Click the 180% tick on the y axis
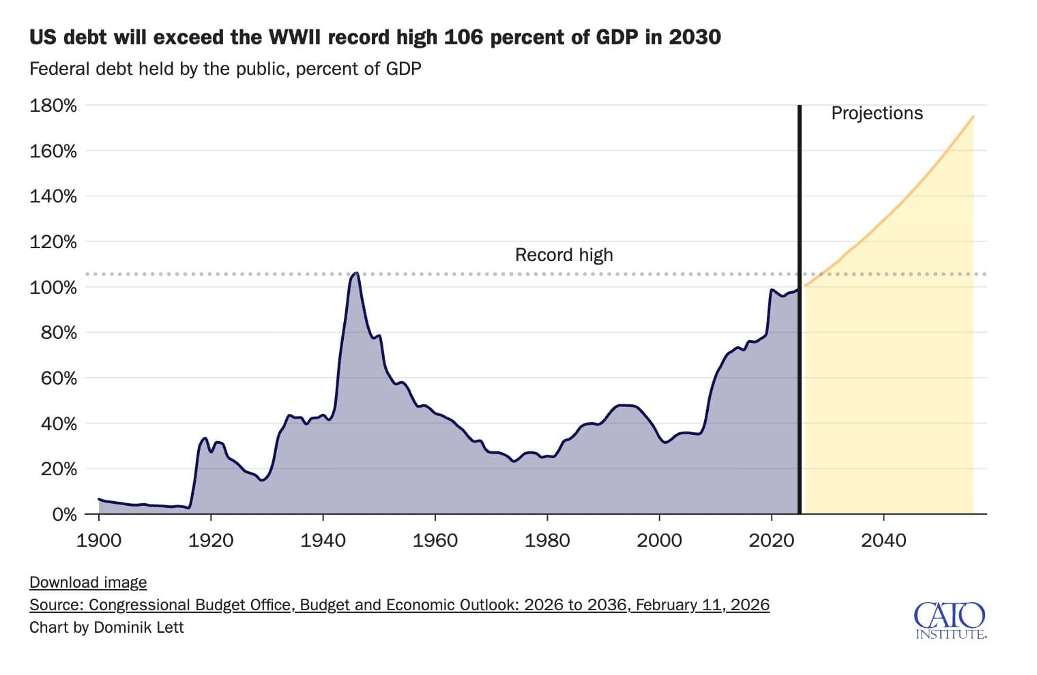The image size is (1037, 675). [53, 106]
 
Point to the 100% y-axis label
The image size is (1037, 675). [53, 287]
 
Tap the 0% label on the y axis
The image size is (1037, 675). [64, 515]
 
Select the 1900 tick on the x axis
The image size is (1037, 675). [99, 541]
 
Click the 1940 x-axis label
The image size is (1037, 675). [323, 541]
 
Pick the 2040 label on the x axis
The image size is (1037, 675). [883, 541]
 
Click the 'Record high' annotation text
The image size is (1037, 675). [564, 255]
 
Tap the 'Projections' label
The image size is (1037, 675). [877, 113]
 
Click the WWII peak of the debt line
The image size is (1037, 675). [355, 273]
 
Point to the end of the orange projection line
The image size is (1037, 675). [973, 117]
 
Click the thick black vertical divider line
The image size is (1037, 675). [799, 341]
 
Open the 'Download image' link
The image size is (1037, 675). [88, 582]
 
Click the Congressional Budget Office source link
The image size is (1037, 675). [399, 605]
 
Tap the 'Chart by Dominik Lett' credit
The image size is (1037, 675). [106, 627]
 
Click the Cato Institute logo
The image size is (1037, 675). [950, 620]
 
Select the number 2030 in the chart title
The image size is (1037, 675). [694, 37]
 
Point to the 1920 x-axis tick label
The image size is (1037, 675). [211, 541]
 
